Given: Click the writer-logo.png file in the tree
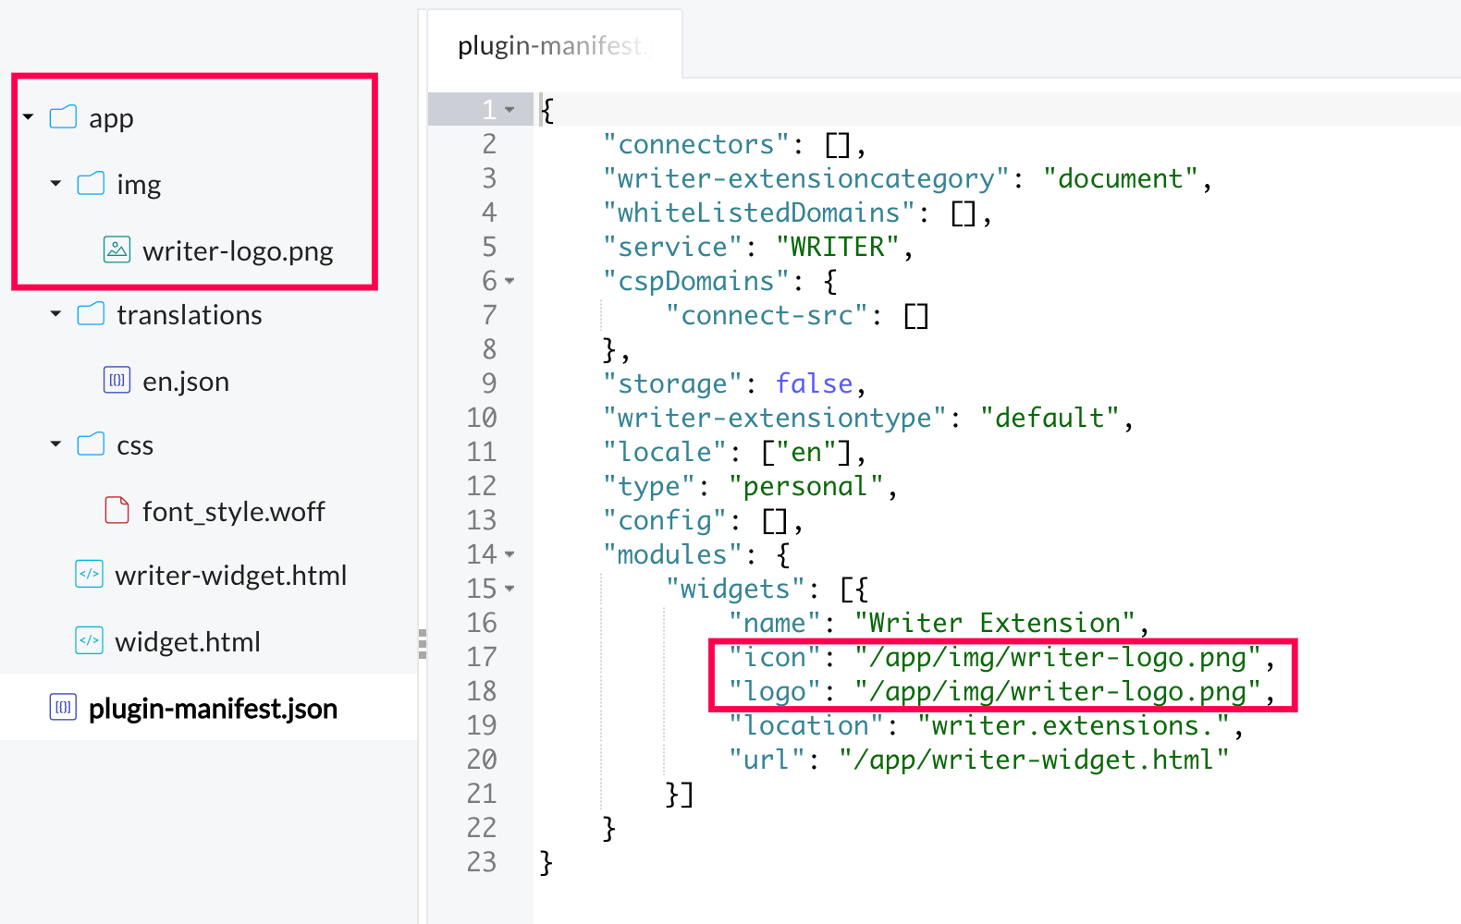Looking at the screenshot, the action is (x=238, y=251).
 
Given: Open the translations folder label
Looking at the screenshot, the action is (x=190, y=315).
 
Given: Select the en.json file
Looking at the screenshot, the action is (x=186, y=382).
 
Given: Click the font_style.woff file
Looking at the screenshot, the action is (x=234, y=512).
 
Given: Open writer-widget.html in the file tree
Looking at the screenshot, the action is (x=231, y=576).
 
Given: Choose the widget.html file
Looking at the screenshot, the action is (x=188, y=642).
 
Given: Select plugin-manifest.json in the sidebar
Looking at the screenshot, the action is (x=214, y=709).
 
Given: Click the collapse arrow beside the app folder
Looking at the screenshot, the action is (x=28, y=117).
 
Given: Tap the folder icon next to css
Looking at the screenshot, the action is (x=91, y=444).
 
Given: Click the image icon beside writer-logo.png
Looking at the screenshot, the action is (x=117, y=249).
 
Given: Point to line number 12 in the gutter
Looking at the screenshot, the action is (x=482, y=486).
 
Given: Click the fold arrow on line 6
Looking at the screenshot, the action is (x=510, y=282).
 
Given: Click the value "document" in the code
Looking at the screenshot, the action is (x=1120, y=178).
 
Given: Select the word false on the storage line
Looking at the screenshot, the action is (x=814, y=383).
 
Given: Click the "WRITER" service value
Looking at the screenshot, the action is (x=837, y=247).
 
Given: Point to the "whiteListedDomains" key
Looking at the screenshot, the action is (x=758, y=213).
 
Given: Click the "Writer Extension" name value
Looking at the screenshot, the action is (x=995, y=623).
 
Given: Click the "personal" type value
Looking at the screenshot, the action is (x=806, y=486).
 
